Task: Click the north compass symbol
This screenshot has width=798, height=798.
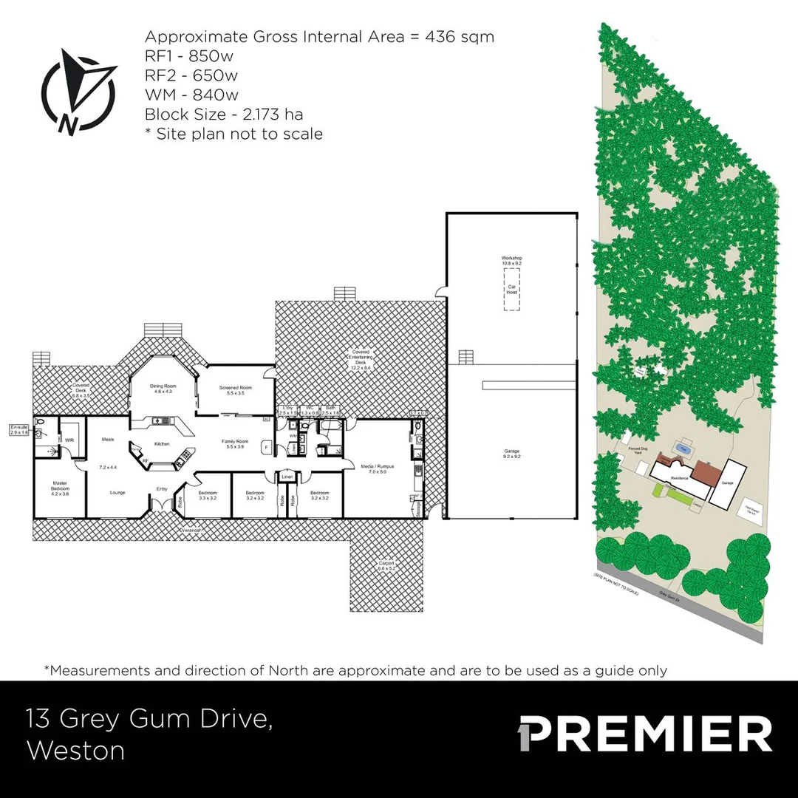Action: click(x=78, y=93)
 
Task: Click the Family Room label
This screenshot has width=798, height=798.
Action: click(x=236, y=444)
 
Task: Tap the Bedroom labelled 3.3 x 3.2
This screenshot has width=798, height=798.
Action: click(x=207, y=495)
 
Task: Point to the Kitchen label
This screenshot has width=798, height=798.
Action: click(x=162, y=444)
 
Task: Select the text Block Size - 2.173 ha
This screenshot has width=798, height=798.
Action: click(x=223, y=115)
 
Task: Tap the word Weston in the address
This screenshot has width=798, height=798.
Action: click(x=75, y=751)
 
